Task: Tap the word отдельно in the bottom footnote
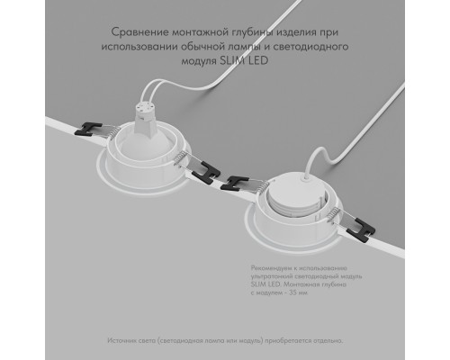325,342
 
